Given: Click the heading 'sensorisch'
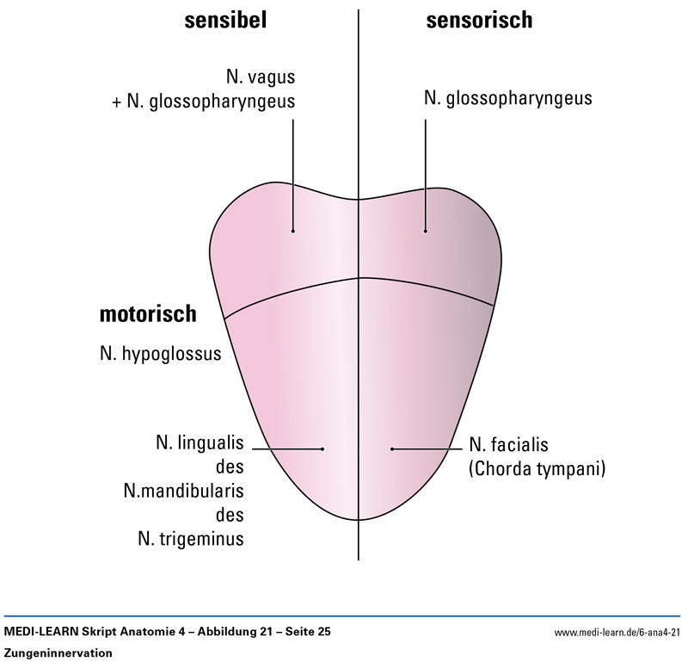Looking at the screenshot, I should click(479, 22).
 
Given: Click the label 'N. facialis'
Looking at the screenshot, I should click(509, 445).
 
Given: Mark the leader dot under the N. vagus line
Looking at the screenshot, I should click(292, 231).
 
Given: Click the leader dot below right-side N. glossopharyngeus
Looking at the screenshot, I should click(426, 231).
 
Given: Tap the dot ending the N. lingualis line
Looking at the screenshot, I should click(322, 449).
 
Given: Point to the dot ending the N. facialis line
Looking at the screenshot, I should click(391, 449).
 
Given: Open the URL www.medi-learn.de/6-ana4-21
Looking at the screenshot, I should click(617, 633).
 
